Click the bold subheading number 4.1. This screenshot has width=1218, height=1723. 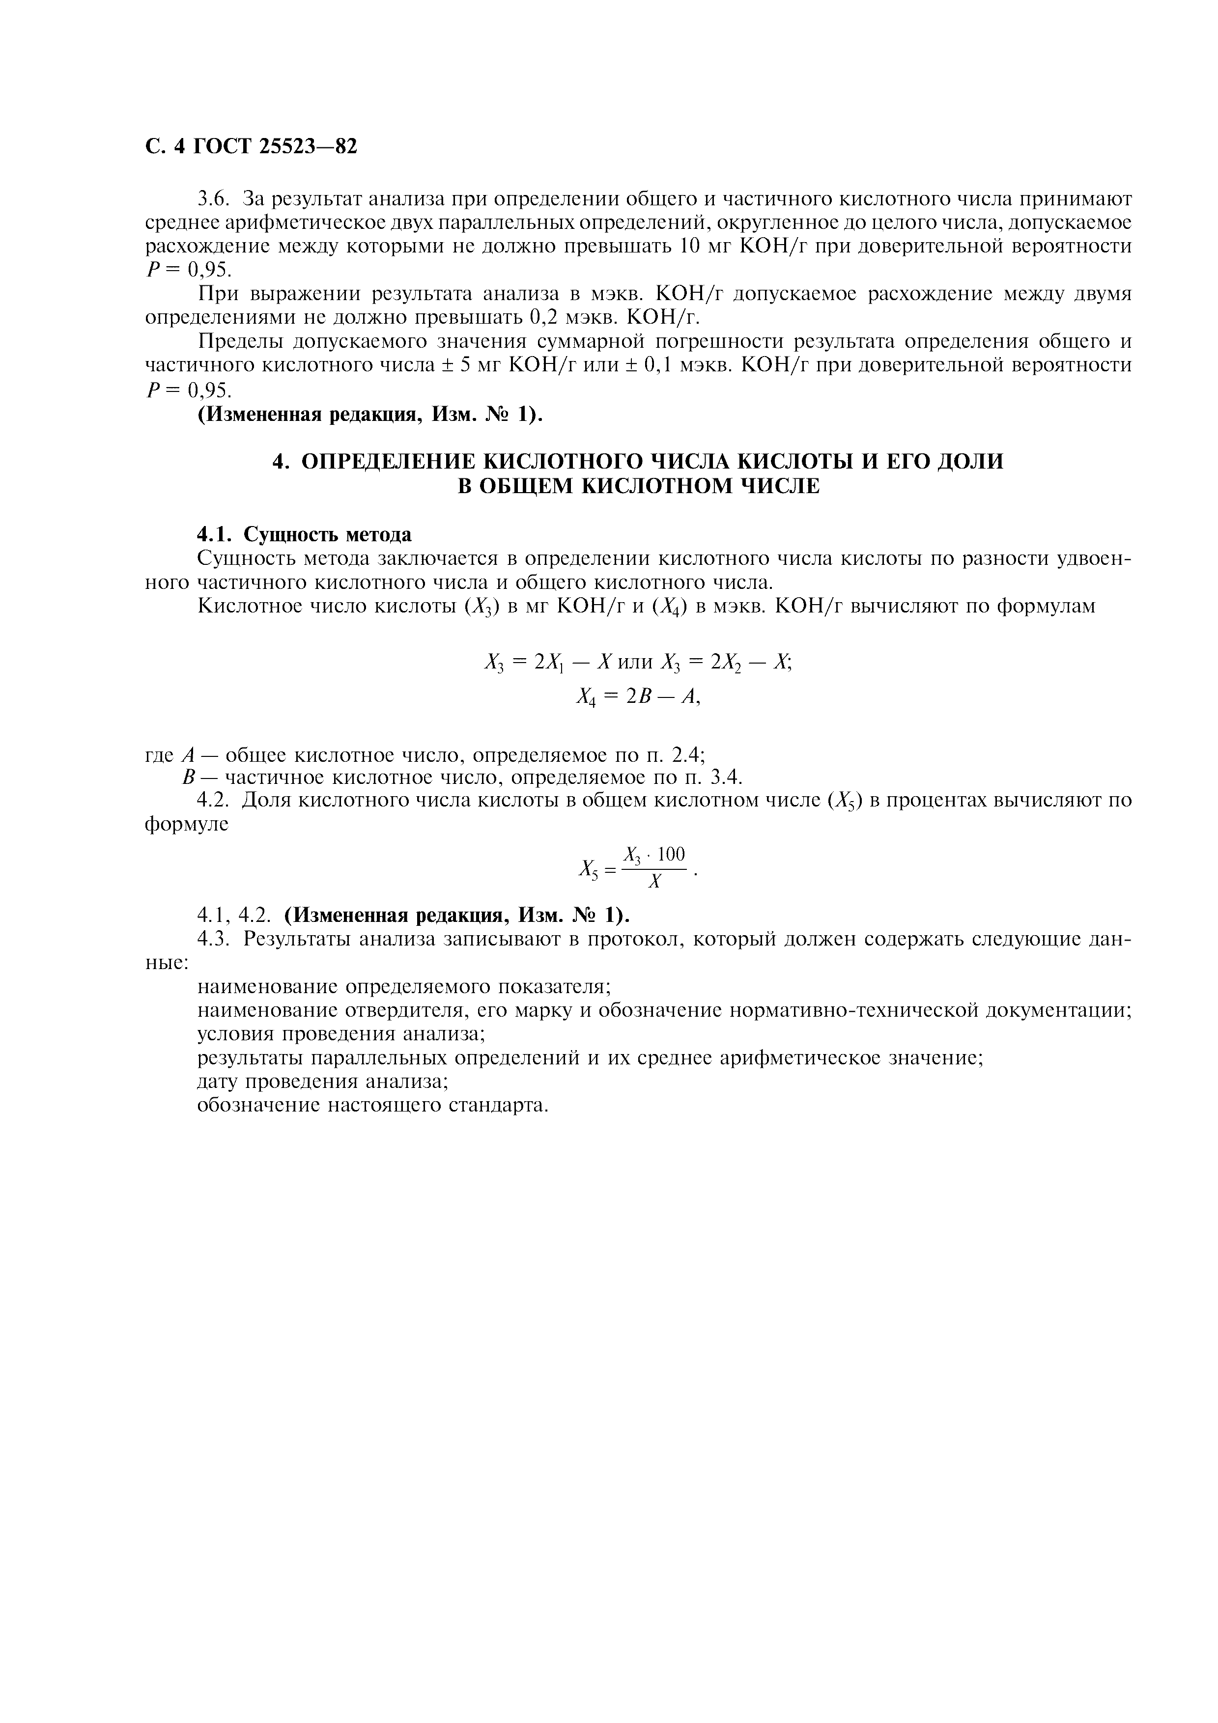coord(215,534)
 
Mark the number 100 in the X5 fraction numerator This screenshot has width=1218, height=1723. coord(671,854)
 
